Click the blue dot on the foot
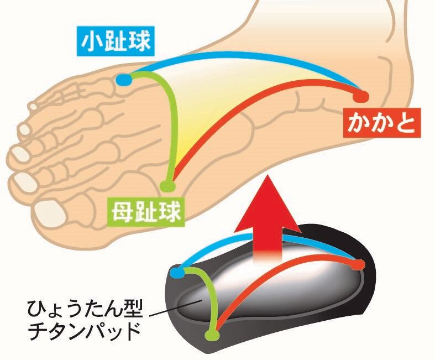point(123,80)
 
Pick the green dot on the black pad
point(211,336)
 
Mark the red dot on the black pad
point(360,264)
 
